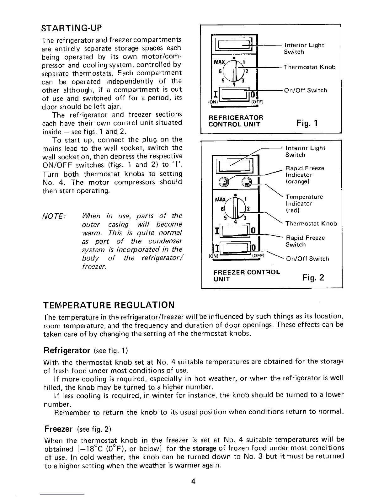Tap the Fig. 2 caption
tap(313, 277)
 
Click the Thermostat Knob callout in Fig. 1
tap(310, 67)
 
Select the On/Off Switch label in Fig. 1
tap(305, 90)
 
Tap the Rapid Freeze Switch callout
tap(305, 241)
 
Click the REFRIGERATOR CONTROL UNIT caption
tap(236, 121)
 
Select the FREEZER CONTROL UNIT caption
tap(246, 275)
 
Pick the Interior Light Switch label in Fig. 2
tap(305, 151)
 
